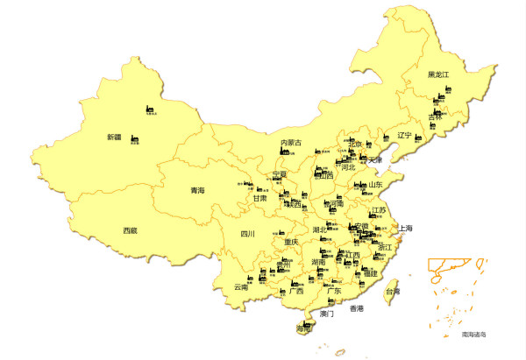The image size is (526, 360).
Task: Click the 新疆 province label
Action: [114, 137]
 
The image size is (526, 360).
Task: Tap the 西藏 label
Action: [130, 230]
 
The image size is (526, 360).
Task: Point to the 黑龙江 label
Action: [437, 75]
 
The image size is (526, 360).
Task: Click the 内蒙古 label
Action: [290, 143]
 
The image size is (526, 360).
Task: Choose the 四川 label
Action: [247, 234]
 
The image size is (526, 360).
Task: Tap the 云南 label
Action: [241, 286]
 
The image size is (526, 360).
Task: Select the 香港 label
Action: [356, 308]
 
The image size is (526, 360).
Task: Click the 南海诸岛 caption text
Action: [473, 335]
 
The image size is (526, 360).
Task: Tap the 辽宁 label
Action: [403, 136]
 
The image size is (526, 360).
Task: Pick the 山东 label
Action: [374, 185]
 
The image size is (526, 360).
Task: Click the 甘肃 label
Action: [260, 199]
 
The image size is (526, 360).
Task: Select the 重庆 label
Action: [291, 242]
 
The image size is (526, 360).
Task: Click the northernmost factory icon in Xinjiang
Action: [149, 109]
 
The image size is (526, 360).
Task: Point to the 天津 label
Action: [375, 160]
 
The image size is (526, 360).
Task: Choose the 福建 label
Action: [369, 273]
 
